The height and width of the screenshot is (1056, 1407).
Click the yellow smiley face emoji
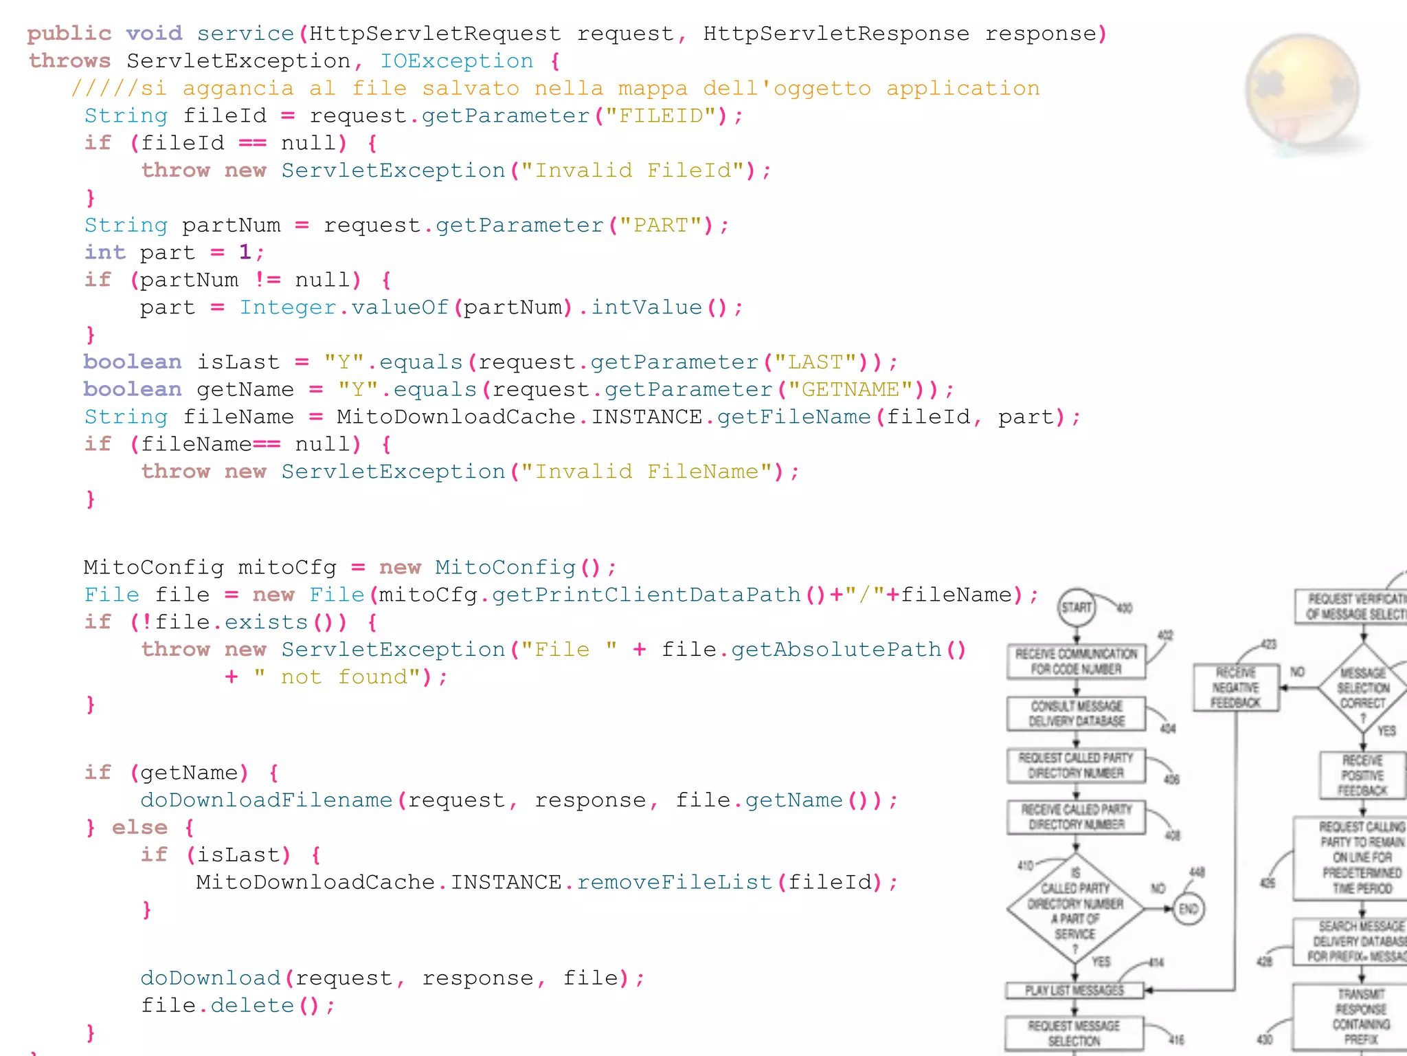click(x=1302, y=89)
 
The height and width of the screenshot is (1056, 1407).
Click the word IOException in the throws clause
click(x=457, y=61)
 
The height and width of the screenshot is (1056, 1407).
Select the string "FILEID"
click(x=662, y=115)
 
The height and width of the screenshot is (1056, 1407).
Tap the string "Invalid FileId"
click(x=640, y=170)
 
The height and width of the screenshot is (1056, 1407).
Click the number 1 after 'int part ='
click(x=245, y=252)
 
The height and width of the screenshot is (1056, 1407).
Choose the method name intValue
click(x=646, y=307)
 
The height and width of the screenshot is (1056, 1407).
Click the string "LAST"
click(x=815, y=362)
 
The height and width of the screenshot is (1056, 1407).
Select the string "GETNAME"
click(x=851, y=390)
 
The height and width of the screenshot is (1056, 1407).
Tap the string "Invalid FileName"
click(x=653, y=472)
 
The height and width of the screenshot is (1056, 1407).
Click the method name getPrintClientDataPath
click(x=646, y=595)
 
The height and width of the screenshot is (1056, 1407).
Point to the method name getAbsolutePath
click(x=836, y=650)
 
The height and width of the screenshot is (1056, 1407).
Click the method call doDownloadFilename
click(x=267, y=800)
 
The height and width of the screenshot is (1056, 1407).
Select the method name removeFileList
click(x=675, y=882)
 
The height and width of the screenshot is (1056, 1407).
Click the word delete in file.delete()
click(x=252, y=1006)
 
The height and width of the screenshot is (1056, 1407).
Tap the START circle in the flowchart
click(x=1077, y=608)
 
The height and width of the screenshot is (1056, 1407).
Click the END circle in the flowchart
click(x=1189, y=910)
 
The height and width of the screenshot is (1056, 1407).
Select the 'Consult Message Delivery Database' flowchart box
click(x=1077, y=714)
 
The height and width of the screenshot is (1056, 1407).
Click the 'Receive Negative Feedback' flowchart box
click(x=1236, y=687)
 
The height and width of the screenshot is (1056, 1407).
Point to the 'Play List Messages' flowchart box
click(x=1074, y=991)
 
